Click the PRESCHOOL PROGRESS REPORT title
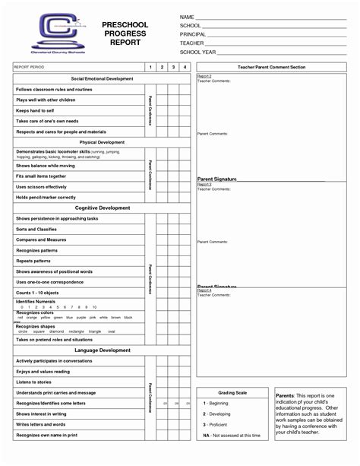(x=125, y=34)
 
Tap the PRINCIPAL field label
(x=193, y=35)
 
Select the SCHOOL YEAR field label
(x=197, y=53)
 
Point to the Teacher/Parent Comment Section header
(x=271, y=68)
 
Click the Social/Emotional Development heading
(x=102, y=79)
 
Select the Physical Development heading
(x=102, y=142)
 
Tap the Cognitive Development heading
(x=102, y=208)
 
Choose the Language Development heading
(x=102, y=350)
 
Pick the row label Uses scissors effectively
(x=41, y=186)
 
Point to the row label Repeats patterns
(x=33, y=261)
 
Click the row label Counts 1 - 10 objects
(x=38, y=293)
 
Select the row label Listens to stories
(x=35, y=382)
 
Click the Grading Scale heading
(x=232, y=392)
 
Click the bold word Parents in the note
(x=286, y=396)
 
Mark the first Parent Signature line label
(x=216, y=179)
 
